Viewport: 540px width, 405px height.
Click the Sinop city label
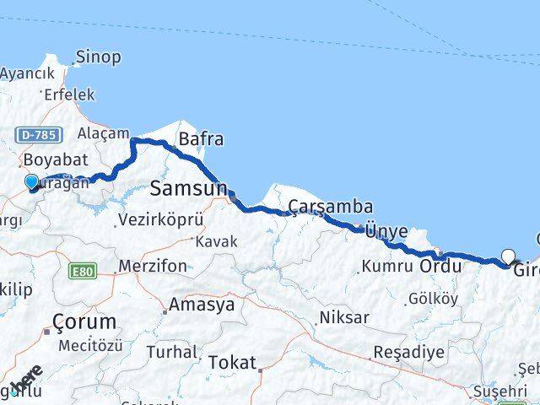tap(98, 57)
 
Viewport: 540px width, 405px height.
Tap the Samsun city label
tap(188, 187)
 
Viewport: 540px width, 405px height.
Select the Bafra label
tap(200, 138)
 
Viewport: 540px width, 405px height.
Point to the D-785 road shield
tap(35, 134)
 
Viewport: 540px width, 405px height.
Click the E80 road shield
tap(84, 271)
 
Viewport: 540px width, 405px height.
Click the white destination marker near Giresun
tap(508, 256)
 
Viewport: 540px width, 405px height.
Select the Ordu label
tap(440, 267)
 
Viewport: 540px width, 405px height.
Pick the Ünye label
tap(386, 231)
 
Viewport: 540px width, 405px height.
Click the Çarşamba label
tap(331, 207)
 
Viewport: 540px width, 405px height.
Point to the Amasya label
tap(202, 305)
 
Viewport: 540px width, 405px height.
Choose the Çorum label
tap(84, 322)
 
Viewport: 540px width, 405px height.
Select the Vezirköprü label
tap(160, 219)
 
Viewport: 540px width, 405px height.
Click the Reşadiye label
tap(408, 352)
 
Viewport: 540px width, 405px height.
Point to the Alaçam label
tap(103, 133)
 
